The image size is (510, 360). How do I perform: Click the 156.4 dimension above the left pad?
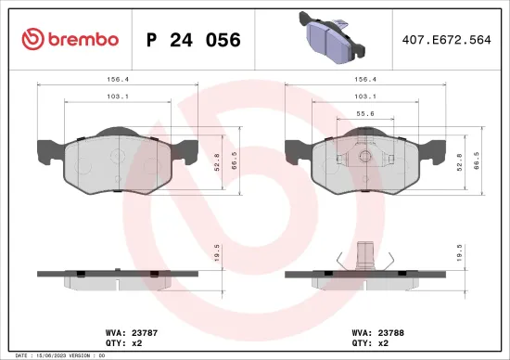pyautogui.click(x=115, y=80)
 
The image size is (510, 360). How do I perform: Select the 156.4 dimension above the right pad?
pyautogui.click(x=366, y=80)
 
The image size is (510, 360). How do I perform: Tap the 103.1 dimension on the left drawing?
pyautogui.click(x=115, y=96)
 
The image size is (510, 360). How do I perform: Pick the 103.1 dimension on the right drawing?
pyautogui.click(x=366, y=96)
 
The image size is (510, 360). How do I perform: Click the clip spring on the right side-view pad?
pyautogui.click(x=364, y=257)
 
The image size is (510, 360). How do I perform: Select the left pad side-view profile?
pyautogui.click(x=115, y=276)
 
